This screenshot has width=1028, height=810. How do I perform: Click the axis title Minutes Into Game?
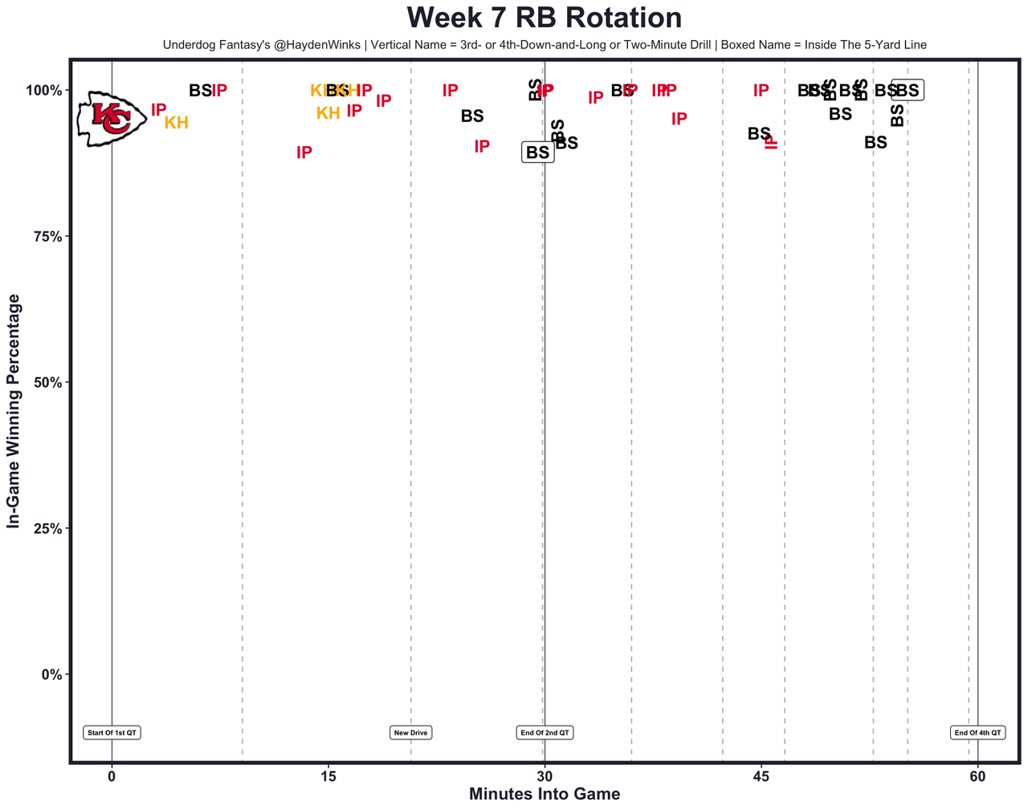(x=545, y=795)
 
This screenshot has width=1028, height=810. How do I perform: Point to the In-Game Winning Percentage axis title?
(x=14, y=411)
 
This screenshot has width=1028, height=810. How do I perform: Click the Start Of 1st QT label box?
(x=112, y=732)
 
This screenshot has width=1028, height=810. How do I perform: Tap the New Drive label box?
(x=411, y=732)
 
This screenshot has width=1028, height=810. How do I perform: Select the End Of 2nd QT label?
(x=545, y=732)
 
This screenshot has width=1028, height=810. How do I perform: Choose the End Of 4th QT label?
(x=977, y=732)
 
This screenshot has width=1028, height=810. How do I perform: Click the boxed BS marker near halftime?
(x=537, y=152)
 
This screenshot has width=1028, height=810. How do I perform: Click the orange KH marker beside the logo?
(x=176, y=123)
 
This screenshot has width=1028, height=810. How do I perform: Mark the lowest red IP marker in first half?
(x=304, y=153)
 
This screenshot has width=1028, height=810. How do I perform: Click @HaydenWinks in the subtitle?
(x=315, y=45)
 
